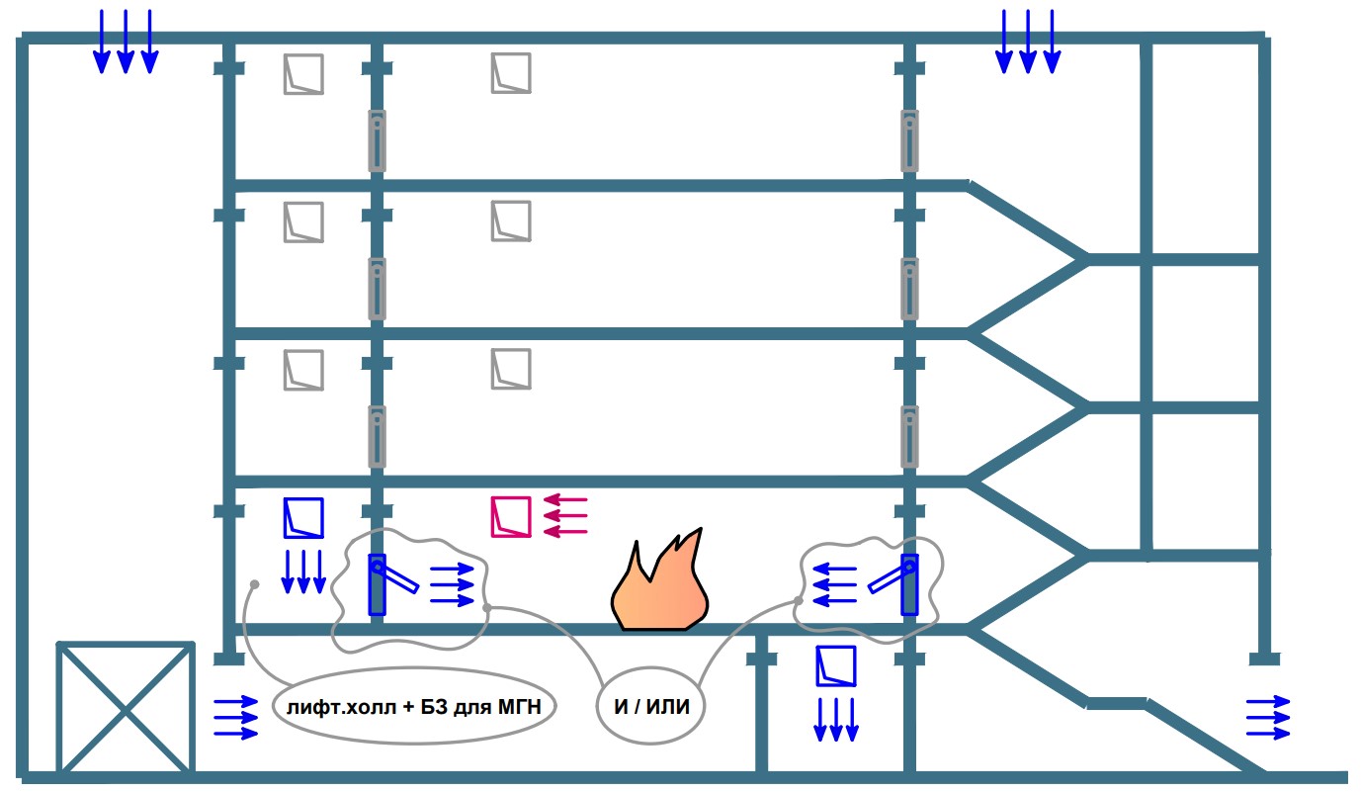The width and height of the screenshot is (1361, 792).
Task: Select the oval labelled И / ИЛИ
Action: pyautogui.click(x=649, y=708)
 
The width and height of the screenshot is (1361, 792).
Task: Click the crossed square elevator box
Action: pyautogui.click(x=125, y=707)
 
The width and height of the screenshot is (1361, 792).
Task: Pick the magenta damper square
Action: pyautogui.click(x=511, y=517)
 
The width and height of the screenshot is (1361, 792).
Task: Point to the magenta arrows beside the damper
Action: pyautogui.click(x=566, y=517)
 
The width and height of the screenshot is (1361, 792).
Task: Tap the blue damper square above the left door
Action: pyautogui.click(x=303, y=517)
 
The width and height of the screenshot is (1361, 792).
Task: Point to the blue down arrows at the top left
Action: pyautogui.click(x=126, y=42)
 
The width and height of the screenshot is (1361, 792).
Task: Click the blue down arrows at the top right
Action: pyautogui.click(x=1028, y=42)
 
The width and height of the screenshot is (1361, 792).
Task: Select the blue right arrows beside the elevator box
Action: pyautogui.click(x=236, y=717)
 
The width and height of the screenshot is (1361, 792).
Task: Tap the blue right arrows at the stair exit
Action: pyautogui.click(x=1268, y=716)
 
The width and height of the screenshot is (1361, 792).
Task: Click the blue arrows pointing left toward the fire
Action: pyautogui.click(x=834, y=584)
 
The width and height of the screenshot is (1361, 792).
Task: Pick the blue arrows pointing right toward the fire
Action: pyautogui.click(x=453, y=585)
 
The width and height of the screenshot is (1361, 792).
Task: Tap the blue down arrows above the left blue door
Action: pyautogui.click(x=303, y=572)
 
